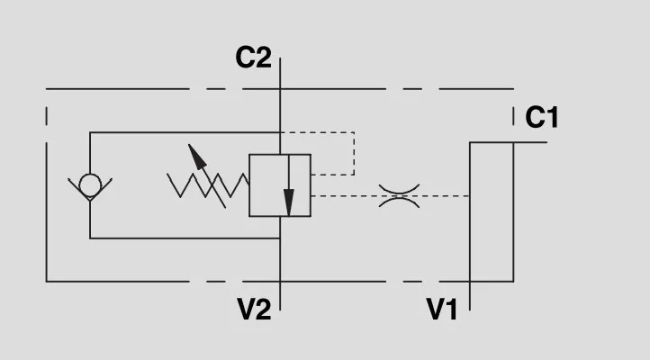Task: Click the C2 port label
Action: (x=253, y=58)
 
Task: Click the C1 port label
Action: (x=542, y=117)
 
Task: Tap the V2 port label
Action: (x=254, y=310)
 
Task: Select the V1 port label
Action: (x=442, y=310)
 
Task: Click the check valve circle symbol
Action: (x=90, y=184)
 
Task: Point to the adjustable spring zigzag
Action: (x=207, y=185)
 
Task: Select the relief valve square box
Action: (x=280, y=184)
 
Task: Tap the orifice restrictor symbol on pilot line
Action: (x=398, y=195)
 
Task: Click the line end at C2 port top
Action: (x=281, y=58)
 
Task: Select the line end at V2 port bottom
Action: (x=281, y=309)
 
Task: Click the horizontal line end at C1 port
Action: (x=546, y=142)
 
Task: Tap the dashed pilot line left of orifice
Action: (x=342, y=195)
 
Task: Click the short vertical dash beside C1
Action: (x=514, y=116)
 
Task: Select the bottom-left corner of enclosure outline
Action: (x=47, y=281)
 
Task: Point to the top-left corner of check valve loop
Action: (x=90, y=132)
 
